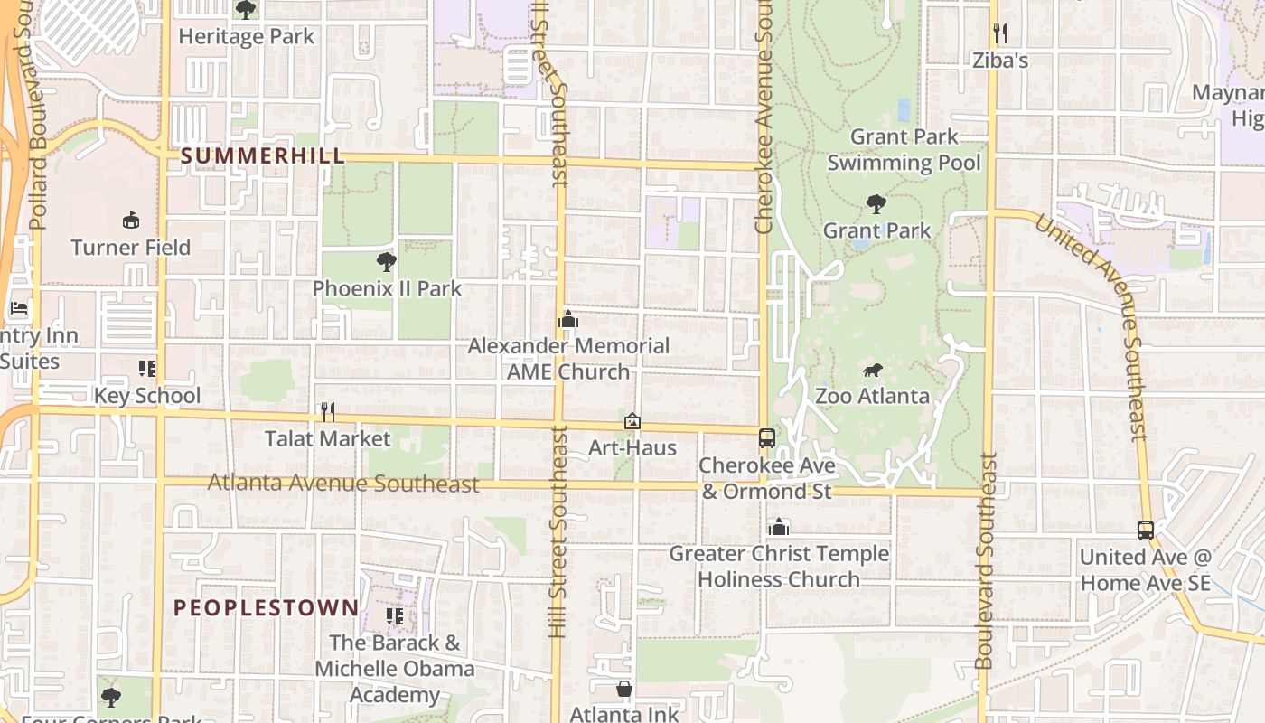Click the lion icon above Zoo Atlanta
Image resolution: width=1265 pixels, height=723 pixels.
[x=872, y=371]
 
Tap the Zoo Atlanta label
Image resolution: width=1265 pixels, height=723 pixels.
[x=872, y=396]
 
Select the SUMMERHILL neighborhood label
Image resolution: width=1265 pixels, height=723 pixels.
[x=263, y=155]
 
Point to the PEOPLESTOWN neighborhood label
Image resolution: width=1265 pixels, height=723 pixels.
[x=267, y=607]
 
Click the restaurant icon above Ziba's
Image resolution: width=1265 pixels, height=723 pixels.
[x=999, y=34]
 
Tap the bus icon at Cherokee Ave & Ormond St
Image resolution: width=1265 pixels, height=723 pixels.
[x=766, y=438]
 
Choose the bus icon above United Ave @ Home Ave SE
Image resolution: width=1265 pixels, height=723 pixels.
[x=1145, y=531]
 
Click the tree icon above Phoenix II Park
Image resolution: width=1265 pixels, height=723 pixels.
[x=387, y=263]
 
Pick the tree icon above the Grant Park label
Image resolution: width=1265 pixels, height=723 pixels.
[x=876, y=204]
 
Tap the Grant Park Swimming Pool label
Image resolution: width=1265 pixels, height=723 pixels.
[x=904, y=150]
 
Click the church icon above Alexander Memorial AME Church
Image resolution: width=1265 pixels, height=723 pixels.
[x=568, y=320]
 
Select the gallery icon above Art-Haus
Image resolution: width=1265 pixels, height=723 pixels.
[x=632, y=421]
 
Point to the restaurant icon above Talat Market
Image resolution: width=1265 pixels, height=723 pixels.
[x=328, y=412]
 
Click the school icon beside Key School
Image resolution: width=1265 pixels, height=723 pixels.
[x=147, y=369]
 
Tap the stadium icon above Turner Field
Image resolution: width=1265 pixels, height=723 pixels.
[x=131, y=221]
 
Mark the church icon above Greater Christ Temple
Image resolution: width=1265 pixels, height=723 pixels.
[x=779, y=527]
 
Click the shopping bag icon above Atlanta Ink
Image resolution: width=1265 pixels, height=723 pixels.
[x=623, y=690]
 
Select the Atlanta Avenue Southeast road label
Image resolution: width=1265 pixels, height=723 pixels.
[x=343, y=484]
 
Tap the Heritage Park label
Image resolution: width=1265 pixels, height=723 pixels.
[x=246, y=36]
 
